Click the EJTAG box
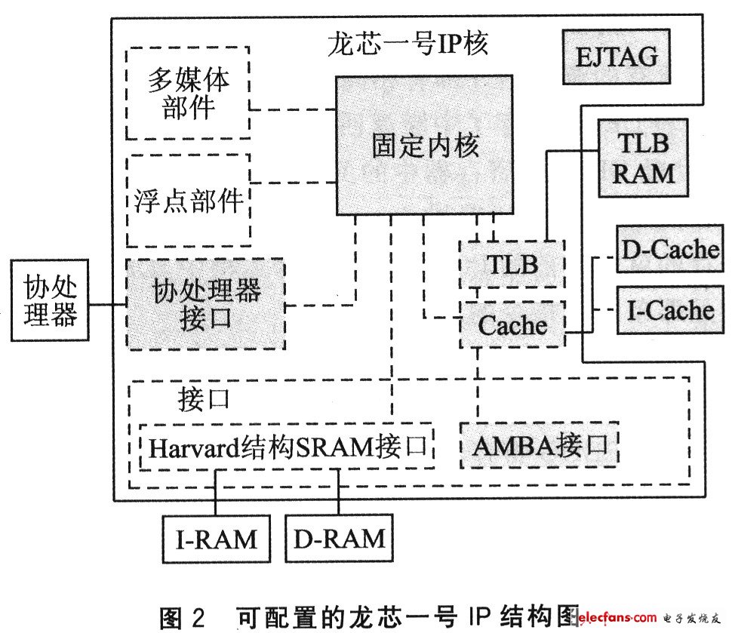coord(617,57)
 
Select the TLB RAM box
coord(643,158)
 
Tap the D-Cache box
coord(670,249)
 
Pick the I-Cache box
coord(670,310)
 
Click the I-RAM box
coord(216,538)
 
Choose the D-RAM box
coord(340,538)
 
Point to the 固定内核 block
coord(424,145)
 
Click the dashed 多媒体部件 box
coord(188,93)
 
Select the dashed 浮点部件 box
coord(189,201)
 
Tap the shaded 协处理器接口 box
coord(206,304)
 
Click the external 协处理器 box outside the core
coord(50,300)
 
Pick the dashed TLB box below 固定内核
coord(512,264)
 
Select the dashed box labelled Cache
coord(512,324)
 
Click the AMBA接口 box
coord(540,445)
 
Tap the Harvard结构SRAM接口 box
coord(287,447)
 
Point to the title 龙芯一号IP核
coord(408,44)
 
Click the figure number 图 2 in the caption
coord(182,618)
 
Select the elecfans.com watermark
coord(649,618)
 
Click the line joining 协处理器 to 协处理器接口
coord(107,305)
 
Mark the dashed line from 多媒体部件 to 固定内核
coord(293,109)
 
